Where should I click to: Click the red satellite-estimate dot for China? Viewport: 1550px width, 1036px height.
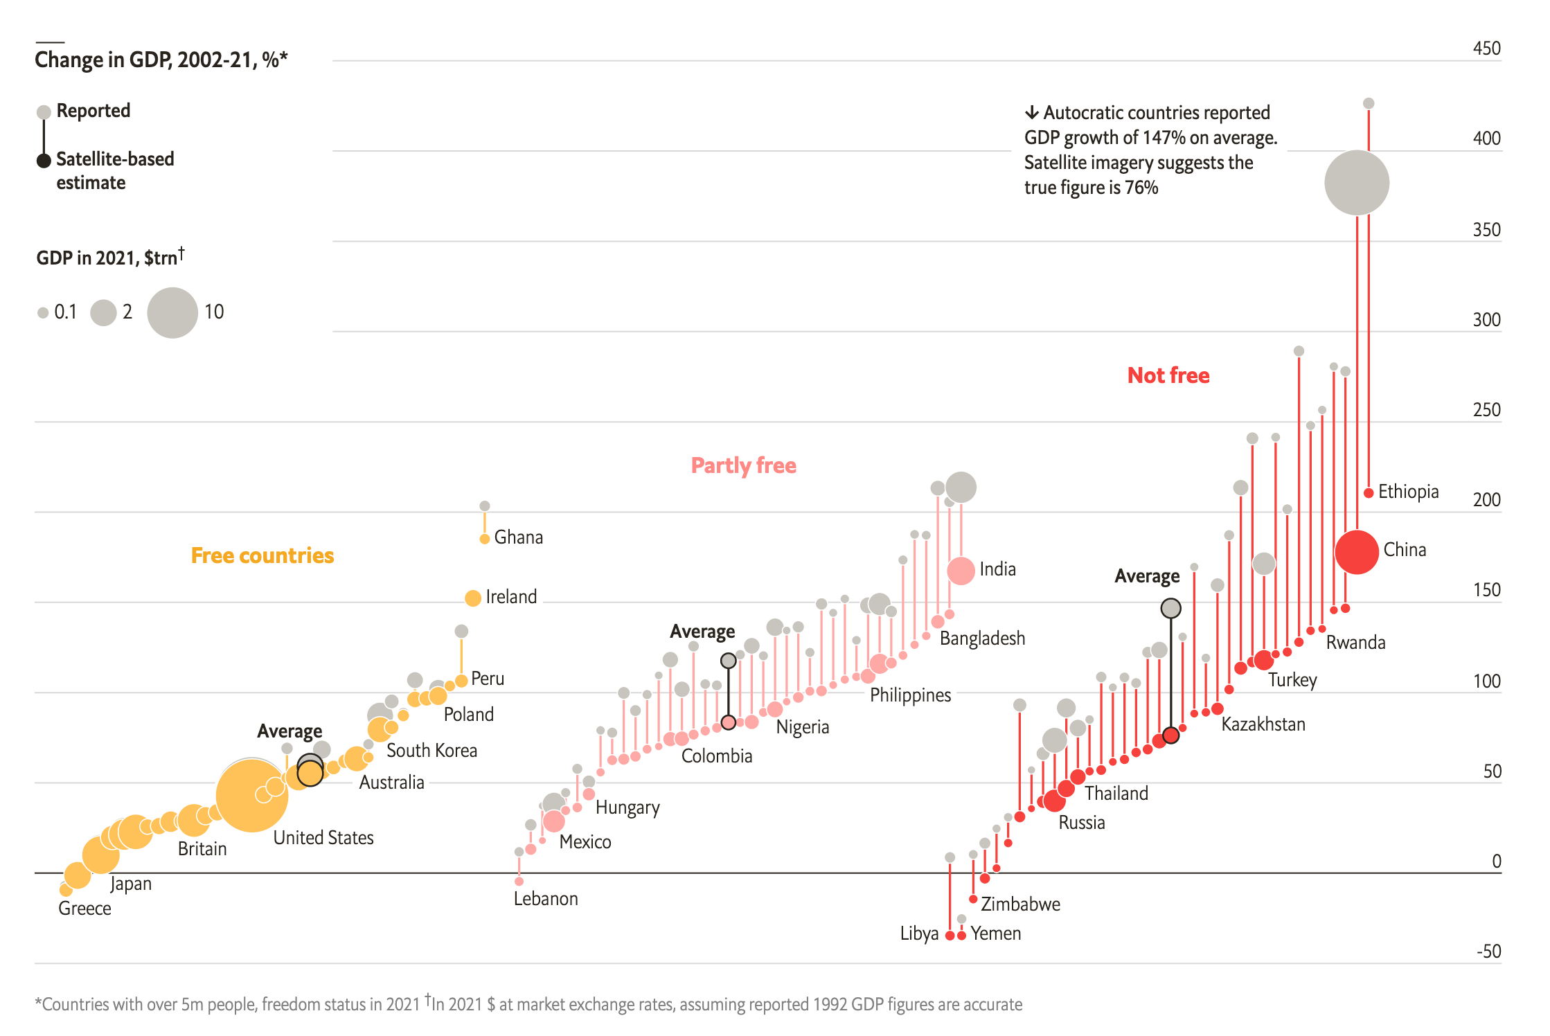1356,552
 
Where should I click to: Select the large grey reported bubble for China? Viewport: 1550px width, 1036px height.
1356,183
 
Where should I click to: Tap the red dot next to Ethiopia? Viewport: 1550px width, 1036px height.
1369,493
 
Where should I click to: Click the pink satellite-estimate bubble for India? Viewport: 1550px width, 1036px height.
961,571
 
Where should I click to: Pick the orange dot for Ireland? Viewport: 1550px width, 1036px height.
473,598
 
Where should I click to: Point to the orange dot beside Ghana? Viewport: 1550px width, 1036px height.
485,539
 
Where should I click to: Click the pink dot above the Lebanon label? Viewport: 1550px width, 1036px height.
519,881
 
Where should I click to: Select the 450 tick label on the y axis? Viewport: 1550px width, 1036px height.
1486,48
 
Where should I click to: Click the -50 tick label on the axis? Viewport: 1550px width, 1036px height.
1488,951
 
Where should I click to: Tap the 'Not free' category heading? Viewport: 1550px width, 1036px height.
1168,375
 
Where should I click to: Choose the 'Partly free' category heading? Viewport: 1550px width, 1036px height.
743,465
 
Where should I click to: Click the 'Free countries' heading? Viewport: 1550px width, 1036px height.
262,555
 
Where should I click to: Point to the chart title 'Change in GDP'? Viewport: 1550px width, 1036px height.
161,60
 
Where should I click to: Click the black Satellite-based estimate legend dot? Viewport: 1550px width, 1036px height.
44,161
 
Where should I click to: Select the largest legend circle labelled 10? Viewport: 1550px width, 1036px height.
172,313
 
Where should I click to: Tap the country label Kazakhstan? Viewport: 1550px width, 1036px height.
1263,724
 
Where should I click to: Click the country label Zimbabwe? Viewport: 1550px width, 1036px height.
1020,904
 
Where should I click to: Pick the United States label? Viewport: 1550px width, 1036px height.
323,838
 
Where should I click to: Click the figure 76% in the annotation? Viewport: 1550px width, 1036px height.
1141,188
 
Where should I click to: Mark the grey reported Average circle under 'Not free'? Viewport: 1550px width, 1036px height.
1170,608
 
